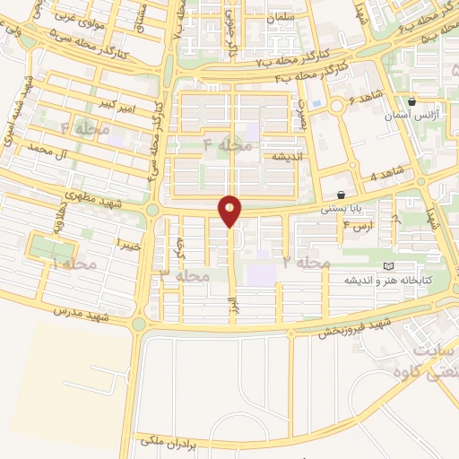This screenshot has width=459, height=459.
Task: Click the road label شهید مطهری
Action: point(84,195)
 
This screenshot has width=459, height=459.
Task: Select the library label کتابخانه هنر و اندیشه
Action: point(387,281)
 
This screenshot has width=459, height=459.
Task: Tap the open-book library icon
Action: point(387,267)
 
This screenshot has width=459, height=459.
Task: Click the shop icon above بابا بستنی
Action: point(341,195)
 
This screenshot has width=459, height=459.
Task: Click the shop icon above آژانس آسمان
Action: point(411,101)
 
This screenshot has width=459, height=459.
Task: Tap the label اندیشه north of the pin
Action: point(278,154)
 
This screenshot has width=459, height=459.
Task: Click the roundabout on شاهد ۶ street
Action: point(336,108)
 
